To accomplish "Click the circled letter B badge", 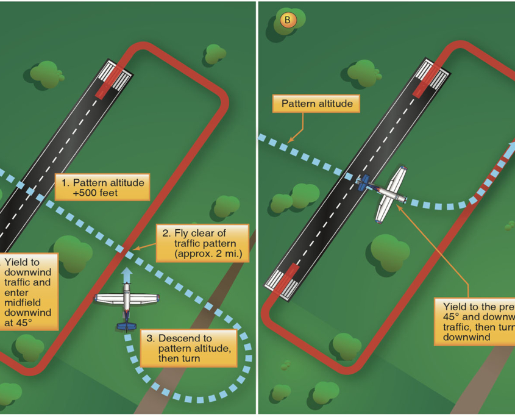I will pos(288,20).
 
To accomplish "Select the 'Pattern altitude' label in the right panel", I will pos(317,104).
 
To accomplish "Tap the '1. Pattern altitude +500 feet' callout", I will pos(102,188).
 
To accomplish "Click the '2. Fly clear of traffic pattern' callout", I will pos(204,243).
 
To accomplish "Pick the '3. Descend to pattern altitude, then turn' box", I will pos(188,348).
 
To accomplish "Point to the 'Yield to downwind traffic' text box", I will pos(29,291).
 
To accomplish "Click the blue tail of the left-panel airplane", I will pos(126,325).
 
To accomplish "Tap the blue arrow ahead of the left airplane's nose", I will pos(126,275).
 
